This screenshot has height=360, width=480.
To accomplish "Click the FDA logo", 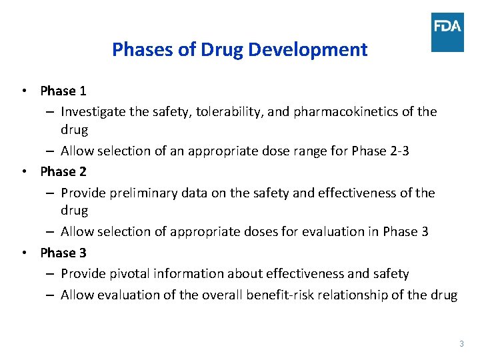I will pos(447,32).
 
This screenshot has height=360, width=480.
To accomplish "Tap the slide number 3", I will pos(461,344).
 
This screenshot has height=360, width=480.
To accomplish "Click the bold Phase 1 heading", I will pos(63,90).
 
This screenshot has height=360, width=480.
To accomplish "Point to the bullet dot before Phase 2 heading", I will pos(24,171).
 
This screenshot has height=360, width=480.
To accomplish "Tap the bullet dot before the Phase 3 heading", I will pos(24,253).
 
